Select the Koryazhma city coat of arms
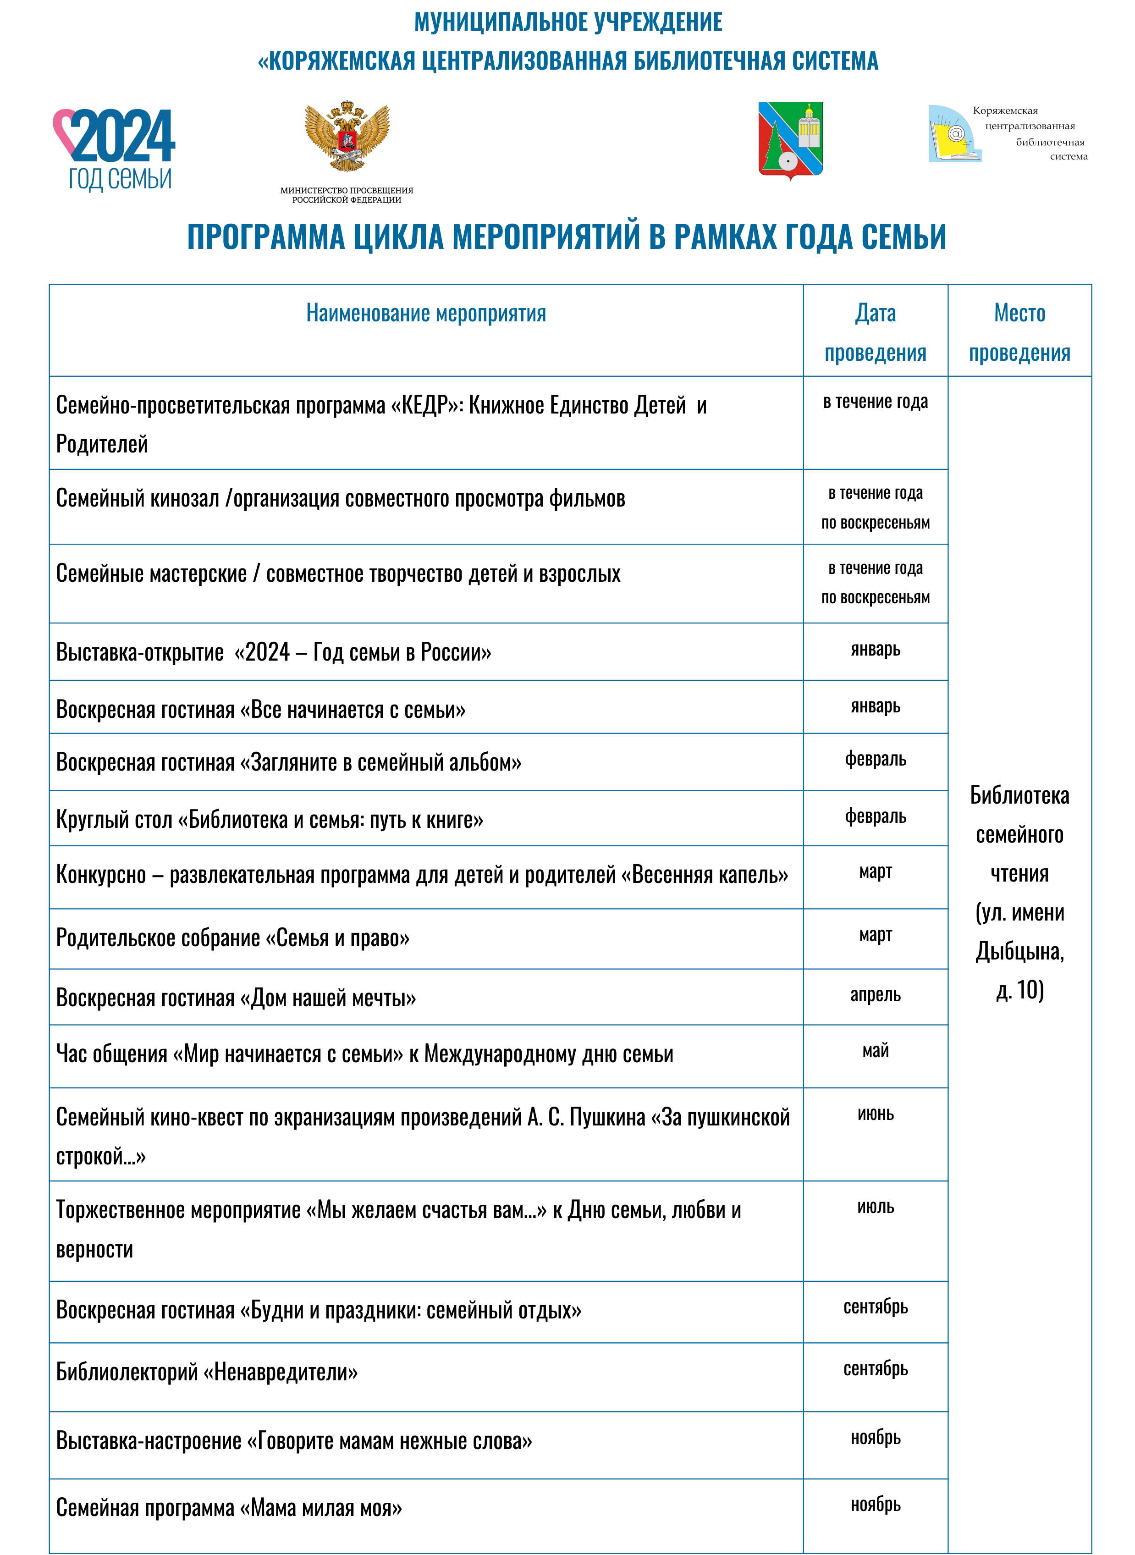790,139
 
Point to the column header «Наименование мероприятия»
426,313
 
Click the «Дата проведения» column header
875,332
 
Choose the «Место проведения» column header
1019,332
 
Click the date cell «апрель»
875,994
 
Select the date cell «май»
875,1051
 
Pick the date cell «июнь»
875,1114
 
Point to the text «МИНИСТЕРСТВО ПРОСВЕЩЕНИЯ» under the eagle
347,190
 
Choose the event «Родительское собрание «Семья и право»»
233,938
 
